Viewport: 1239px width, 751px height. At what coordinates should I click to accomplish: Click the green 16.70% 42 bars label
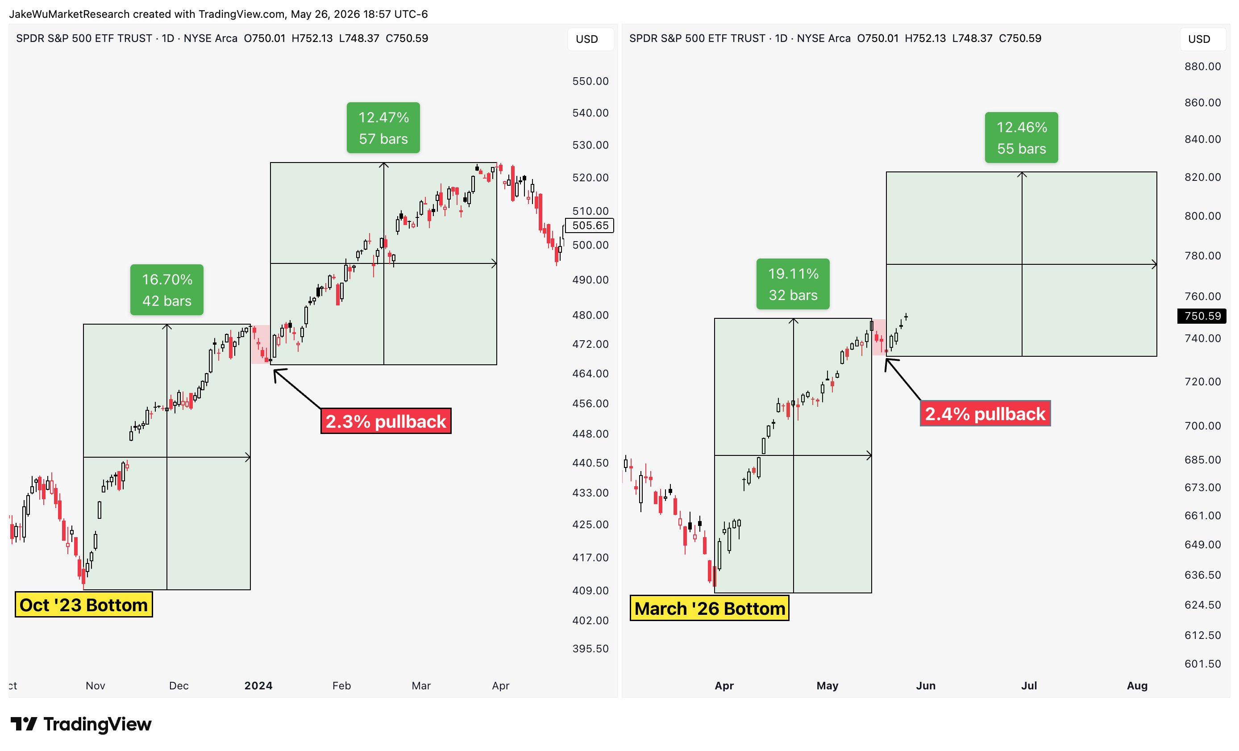166,290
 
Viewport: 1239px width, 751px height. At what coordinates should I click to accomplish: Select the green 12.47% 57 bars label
383,128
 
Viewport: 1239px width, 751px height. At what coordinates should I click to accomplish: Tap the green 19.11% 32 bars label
793,284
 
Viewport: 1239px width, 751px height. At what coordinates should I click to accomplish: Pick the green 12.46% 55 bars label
1021,138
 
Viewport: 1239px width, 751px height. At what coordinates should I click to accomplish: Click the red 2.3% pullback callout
386,421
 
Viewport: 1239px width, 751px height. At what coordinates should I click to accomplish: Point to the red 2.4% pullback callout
985,413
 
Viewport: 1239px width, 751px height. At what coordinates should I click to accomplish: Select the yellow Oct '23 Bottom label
83,605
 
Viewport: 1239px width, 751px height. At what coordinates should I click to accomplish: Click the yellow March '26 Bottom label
710,608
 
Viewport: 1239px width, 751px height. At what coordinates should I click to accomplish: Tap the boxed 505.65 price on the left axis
590,225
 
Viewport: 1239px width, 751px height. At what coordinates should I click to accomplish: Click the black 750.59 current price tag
1202,316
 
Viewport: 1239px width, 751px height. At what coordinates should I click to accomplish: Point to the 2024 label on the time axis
258,686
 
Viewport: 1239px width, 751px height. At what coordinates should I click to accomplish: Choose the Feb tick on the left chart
341,686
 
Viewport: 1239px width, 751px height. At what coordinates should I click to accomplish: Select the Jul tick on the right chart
1029,686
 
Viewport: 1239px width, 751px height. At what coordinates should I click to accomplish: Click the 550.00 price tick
590,81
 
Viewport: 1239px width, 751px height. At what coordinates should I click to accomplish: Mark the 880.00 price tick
1203,67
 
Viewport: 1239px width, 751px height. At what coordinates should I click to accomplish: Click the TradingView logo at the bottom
81,724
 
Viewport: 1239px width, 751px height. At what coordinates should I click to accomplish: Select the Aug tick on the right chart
1137,686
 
